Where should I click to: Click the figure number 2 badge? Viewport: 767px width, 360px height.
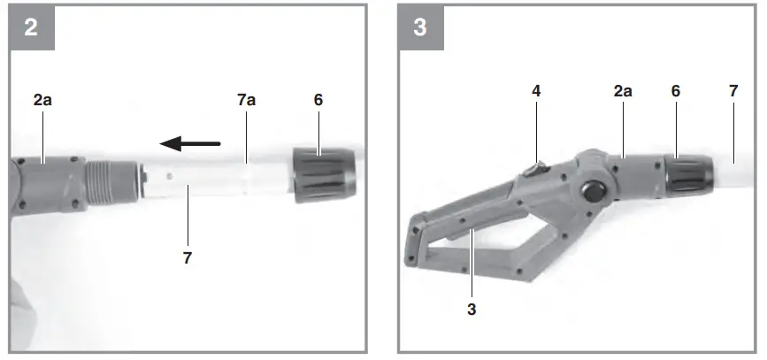(31, 27)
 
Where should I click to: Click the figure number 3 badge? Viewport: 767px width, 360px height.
(420, 27)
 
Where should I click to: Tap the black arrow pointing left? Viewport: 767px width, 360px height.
(189, 142)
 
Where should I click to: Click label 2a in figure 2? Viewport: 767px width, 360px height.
(42, 101)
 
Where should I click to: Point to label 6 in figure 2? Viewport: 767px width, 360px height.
(318, 101)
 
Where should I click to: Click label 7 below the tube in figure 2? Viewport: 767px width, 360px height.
(187, 258)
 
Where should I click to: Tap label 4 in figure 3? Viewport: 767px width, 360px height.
(535, 91)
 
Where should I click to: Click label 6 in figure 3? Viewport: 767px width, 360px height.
(676, 91)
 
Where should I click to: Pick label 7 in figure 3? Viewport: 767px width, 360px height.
(732, 91)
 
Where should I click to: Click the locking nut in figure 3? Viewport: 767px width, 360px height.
(688, 173)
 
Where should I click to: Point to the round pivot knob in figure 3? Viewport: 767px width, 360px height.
(591, 192)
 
